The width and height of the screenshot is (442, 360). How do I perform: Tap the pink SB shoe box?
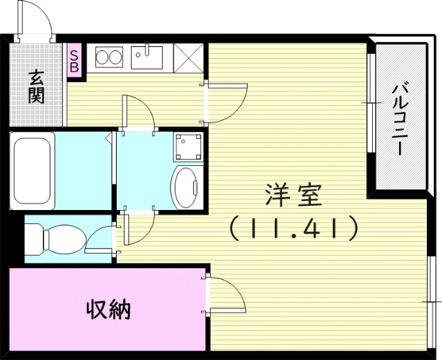[74, 60]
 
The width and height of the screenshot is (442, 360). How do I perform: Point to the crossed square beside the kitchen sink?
[189, 57]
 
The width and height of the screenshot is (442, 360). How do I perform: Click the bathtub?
[34, 169]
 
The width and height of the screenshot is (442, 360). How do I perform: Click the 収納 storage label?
[108, 309]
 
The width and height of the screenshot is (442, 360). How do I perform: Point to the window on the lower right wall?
[431, 301]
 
